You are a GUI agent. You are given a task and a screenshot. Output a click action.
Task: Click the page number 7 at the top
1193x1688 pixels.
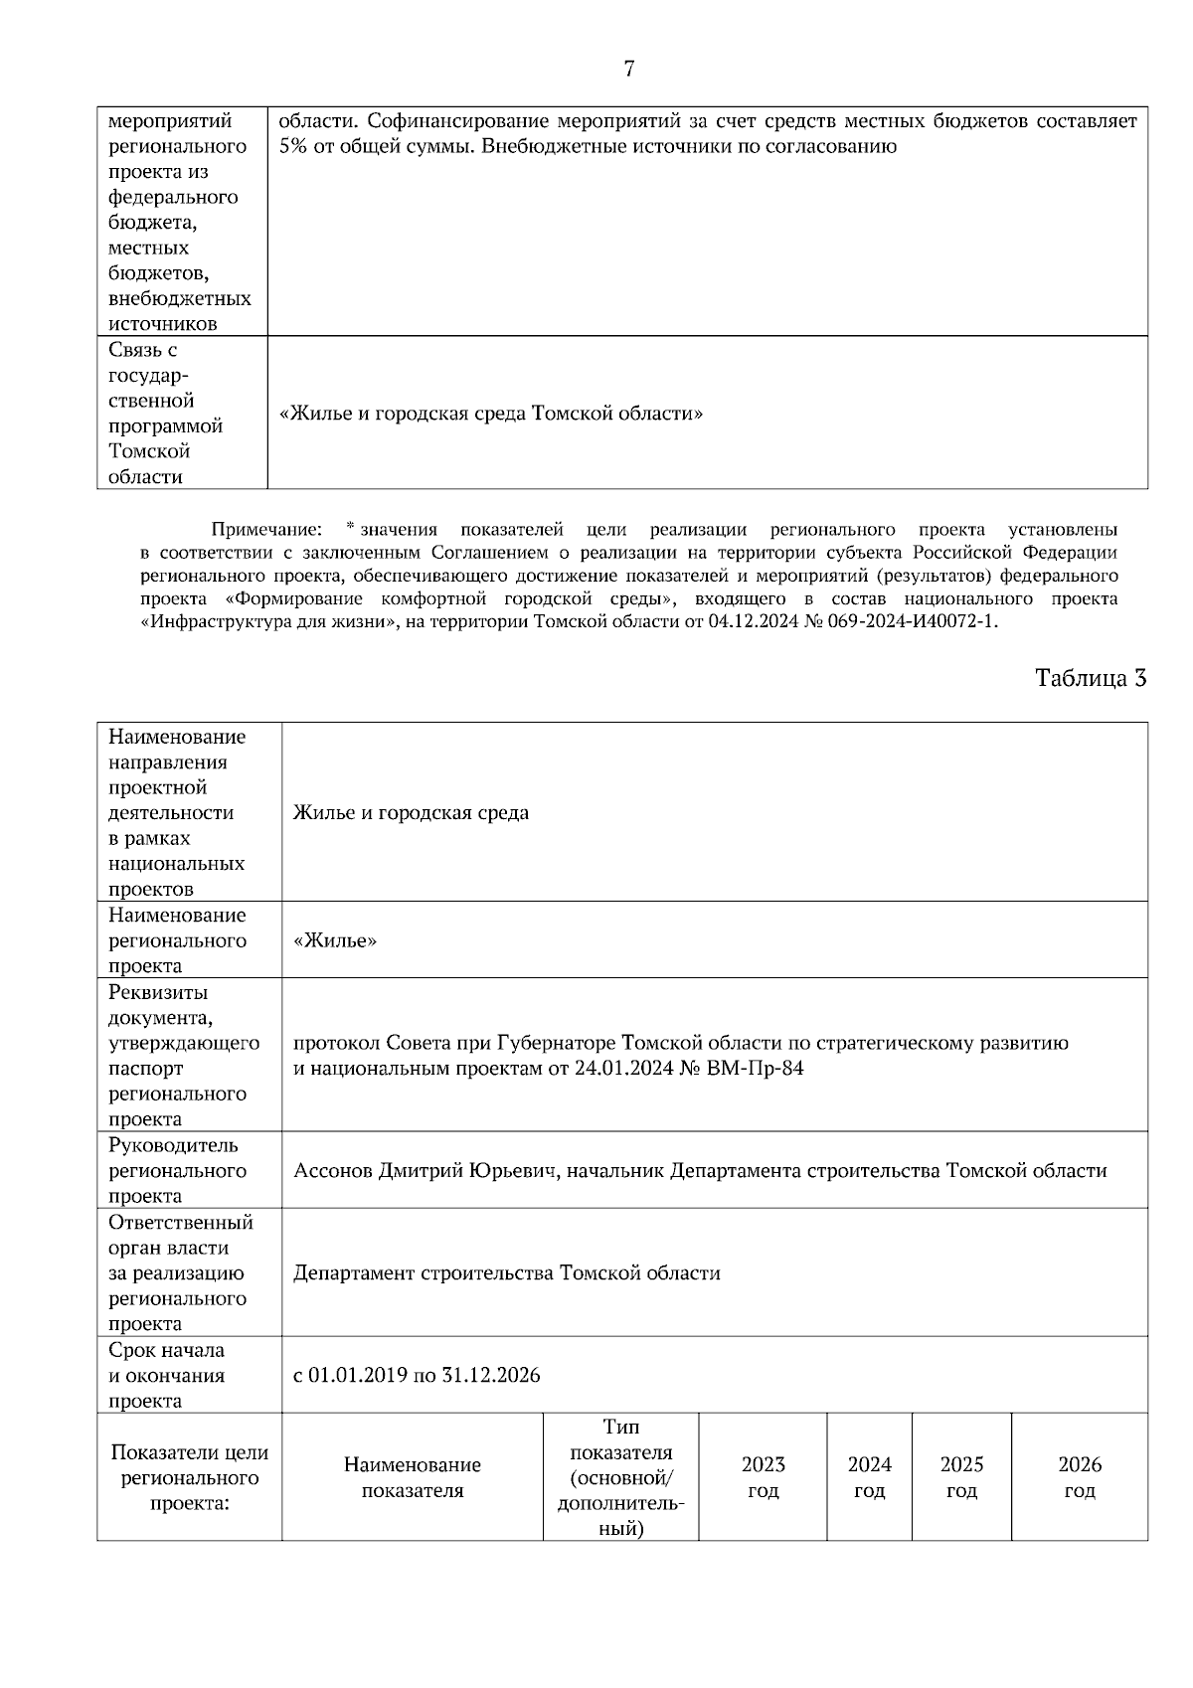pos(628,69)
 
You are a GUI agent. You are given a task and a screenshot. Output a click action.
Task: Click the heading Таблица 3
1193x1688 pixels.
pos(1091,678)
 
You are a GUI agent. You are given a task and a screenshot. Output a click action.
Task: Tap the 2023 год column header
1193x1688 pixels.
pos(763,1476)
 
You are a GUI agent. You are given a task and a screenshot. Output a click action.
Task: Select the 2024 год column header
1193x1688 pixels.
pos(869,1476)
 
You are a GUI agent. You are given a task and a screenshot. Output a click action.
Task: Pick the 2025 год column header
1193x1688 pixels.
pos(961,1476)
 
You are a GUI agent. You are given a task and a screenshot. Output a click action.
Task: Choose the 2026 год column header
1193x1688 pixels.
pos(1080,1476)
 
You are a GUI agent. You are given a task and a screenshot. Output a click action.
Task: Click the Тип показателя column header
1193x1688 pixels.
pos(620,1476)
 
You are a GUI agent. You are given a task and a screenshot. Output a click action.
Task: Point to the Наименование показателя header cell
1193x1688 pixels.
pos(412,1476)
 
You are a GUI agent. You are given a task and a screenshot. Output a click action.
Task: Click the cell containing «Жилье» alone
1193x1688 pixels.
pos(335,940)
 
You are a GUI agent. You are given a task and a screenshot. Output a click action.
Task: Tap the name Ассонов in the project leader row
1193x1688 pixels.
pos(333,1170)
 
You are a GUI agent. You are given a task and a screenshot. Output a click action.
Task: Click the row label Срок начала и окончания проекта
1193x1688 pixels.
pos(167,1375)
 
